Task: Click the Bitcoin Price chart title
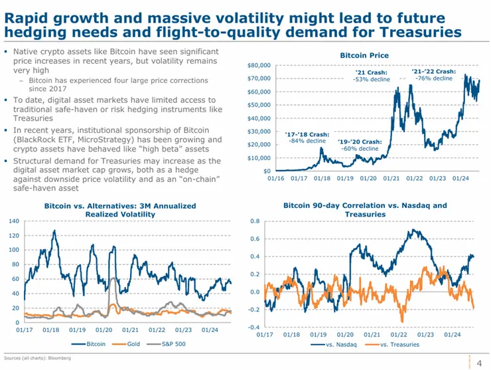coord(364,55)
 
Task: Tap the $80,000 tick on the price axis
coord(258,65)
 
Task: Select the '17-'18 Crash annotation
coord(307,137)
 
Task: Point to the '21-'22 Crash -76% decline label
coord(434,74)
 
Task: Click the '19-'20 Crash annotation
coord(360,145)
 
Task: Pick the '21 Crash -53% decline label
coord(372,75)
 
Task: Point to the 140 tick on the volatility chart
coord(13,221)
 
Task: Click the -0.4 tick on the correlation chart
coord(254,327)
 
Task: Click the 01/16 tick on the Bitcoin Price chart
coord(275,179)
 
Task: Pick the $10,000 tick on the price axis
coord(258,157)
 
